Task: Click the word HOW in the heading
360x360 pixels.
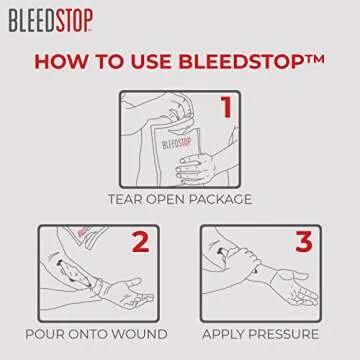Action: click(x=61, y=60)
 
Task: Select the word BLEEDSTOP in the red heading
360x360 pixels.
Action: click(x=236, y=60)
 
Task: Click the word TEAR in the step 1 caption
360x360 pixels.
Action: click(x=129, y=199)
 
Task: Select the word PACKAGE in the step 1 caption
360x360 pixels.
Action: click(x=222, y=199)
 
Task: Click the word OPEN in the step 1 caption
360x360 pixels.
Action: click(x=170, y=199)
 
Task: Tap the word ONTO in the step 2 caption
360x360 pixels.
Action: click(x=94, y=333)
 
